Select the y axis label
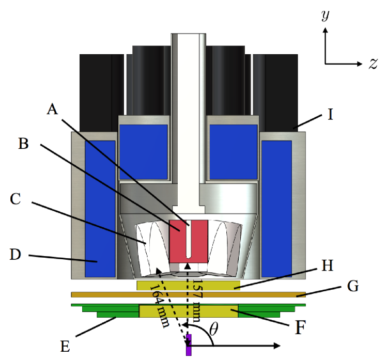325,17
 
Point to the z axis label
372,64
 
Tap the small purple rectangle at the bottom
189,345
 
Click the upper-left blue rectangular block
144,145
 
